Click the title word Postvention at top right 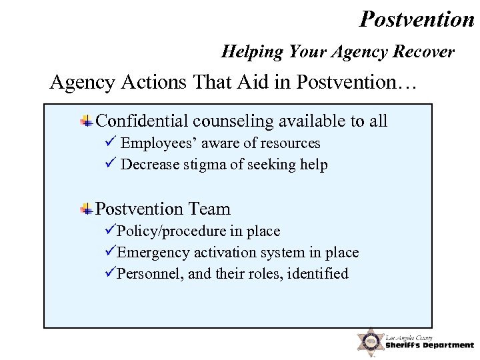pyautogui.click(x=417, y=19)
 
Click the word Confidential pyautogui.click(x=143, y=121)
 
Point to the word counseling pyautogui.click(x=233, y=121)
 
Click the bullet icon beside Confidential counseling pyautogui.click(x=87, y=121)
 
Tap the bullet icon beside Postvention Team pyautogui.click(x=87, y=209)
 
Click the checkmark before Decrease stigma pyautogui.click(x=111, y=163)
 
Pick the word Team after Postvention pyautogui.click(x=209, y=209)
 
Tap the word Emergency pyautogui.click(x=153, y=252)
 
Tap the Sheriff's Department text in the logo pyautogui.click(x=429, y=345)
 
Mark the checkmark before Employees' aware pyautogui.click(x=111, y=142)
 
